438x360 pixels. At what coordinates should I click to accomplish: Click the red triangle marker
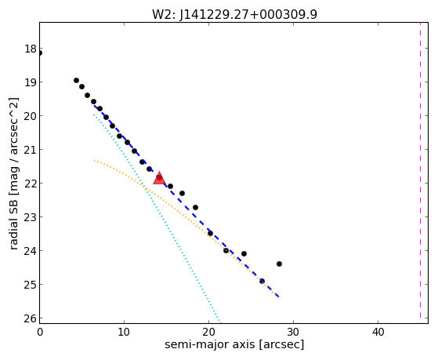pyautogui.click(x=159, y=179)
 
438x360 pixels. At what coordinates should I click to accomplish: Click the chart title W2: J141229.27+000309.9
pyautogui.click(x=234, y=14)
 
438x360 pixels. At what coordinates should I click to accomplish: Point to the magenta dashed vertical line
pyautogui.click(x=420, y=170)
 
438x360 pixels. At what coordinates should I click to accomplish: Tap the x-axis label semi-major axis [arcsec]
pyautogui.click(x=234, y=344)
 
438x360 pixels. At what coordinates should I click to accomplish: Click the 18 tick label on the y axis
pyautogui.click(x=31, y=49)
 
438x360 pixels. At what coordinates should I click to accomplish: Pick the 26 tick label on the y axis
pyautogui.click(x=31, y=318)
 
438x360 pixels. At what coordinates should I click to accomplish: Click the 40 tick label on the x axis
pyautogui.click(x=378, y=332)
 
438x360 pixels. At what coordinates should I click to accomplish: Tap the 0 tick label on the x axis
pyautogui.click(x=40, y=332)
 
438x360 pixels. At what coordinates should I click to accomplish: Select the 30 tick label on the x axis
pyautogui.click(x=293, y=332)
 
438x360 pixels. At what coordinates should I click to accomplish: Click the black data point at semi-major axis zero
pyautogui.click(x=40, y=53)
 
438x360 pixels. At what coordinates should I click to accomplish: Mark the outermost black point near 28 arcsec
pyautogui.click(x=279, y=264)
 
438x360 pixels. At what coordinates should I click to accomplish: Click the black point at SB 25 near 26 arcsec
pyautogui.click(x=262, y=281)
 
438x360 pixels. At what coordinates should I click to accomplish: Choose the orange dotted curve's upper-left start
pyautogui.click(x=94, y=160)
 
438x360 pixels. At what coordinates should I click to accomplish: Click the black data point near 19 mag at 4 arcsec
pyautogui.click(x=76, y=80)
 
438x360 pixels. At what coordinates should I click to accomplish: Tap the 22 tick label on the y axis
pyautogui.click(x=31, y=184)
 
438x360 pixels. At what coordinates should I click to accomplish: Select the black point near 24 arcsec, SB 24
pyautogui.click(x=244, y=253)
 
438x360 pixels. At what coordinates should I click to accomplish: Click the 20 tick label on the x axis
pyautogui.click(x=208, y=332)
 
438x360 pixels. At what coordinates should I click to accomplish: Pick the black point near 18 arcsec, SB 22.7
pyautogui.click(x=196, y=207)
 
